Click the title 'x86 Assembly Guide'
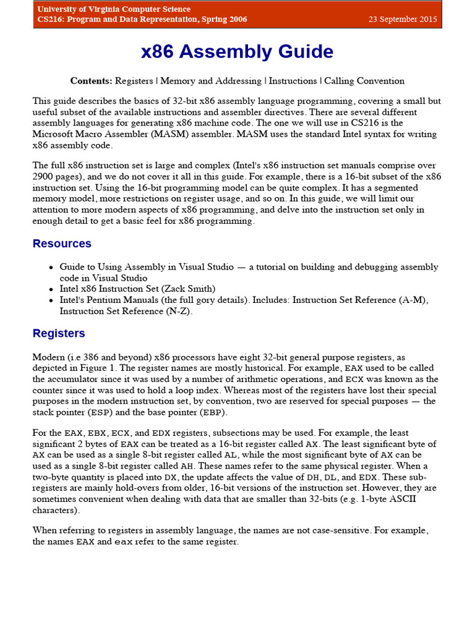click(x=237, y=52)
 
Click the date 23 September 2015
click(x=403, y=19)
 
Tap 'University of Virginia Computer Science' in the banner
click(x=114, y=9)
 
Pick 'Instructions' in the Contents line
click(x=293, y=81)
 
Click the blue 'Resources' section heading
click(x=62, y=244)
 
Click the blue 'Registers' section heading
click(x=59, y=333)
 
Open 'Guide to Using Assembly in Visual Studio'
click(x=147, y=267)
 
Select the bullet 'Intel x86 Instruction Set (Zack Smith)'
click(x=137, y=289)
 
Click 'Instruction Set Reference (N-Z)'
click(x=126, y=311)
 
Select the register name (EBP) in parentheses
click(x=214, y=412)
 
